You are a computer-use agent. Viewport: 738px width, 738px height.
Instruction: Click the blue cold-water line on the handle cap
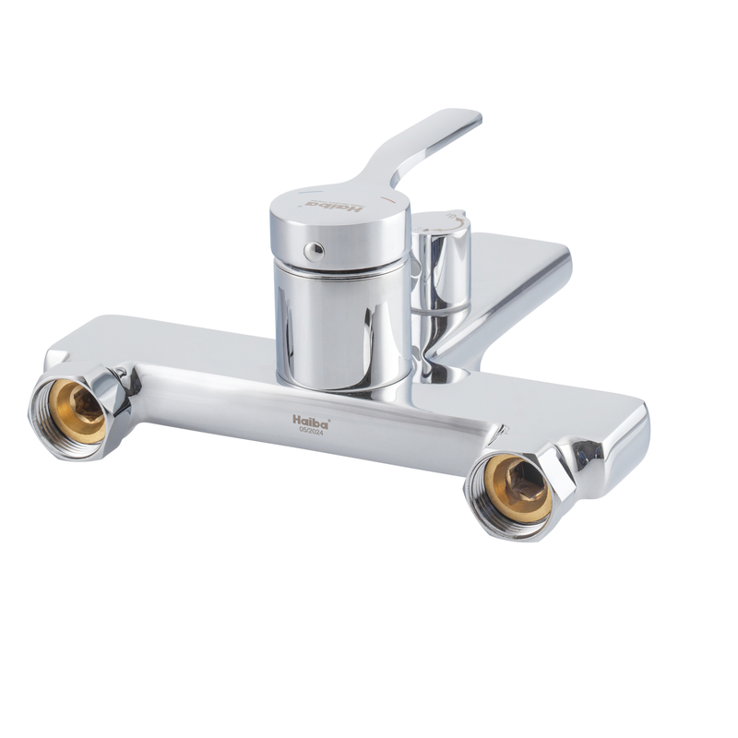pyautogui.click(x=310, y=193)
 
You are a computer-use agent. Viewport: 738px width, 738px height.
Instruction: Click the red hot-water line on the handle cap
pyautogui.click(x=388, y=198)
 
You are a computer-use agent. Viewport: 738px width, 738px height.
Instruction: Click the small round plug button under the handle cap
pyautogui.click(x=314, y=251)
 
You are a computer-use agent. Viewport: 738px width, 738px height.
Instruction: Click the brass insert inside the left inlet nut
pyautogui.click(x=77, y=411)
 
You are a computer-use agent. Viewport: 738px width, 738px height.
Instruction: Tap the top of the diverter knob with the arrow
pyautogui.click(x=443, y=221)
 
